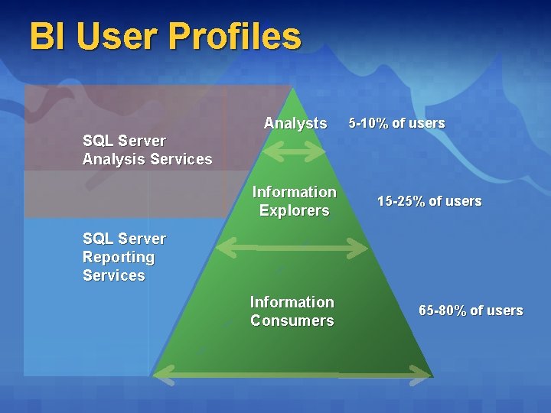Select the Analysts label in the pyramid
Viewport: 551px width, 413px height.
point(295,123)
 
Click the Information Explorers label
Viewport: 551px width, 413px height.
point(294,201)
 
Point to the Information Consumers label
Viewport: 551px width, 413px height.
point(292,311)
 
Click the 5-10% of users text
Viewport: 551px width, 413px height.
point(396,123)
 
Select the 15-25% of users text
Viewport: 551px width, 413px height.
point(429,201)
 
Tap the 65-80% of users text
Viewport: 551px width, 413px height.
point(471,311)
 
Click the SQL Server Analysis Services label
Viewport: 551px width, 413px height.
point(147,150)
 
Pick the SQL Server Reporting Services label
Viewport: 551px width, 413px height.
point(123,257)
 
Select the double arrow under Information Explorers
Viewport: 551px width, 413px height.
point(292,247)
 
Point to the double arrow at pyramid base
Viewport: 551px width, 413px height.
point(292,374)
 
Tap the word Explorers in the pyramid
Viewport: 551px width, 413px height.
point(294,210)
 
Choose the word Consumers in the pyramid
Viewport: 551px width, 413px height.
point(292,320)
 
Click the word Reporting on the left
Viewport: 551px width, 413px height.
point(118,257)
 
